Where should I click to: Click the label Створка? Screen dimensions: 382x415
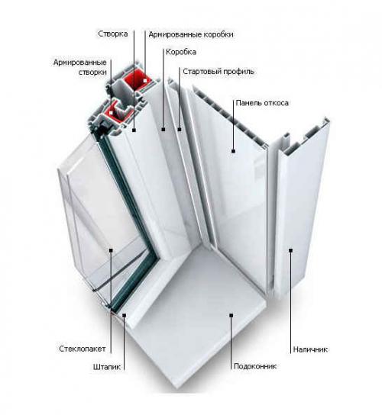pos(113,34)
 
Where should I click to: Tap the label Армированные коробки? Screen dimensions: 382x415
pos(191,34)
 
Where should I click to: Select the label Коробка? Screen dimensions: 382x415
pos(181,52)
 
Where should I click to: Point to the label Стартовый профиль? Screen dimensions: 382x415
pos(219,72)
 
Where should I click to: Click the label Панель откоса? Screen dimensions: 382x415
pos(262,103)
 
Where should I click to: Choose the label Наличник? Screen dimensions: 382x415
pos(310,349)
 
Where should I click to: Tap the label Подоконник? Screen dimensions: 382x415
pos(255,366)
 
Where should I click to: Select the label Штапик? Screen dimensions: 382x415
pos(107,367)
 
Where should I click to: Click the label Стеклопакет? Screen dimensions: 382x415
pos(83,349)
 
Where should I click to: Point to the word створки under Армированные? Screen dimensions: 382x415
pos(92,72)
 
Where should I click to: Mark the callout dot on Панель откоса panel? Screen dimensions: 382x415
pos(233,151)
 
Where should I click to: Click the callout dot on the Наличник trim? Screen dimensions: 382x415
pos(290,250)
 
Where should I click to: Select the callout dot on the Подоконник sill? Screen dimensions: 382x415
pos(231,315)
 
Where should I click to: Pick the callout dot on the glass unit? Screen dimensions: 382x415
pos(111,250)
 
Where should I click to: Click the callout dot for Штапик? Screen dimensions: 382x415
pos(124,315)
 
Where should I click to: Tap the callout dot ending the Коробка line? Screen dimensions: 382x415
pos(163,130)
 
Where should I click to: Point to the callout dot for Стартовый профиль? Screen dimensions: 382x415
pos(180,130)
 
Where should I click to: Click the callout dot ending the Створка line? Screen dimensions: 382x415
pos(134,130)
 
